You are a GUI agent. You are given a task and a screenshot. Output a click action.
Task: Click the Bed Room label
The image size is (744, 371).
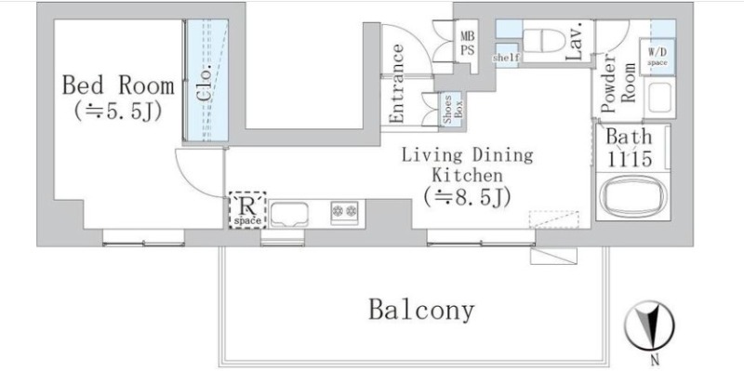[106, 86]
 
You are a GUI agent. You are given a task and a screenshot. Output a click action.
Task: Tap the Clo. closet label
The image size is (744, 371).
[202, 84]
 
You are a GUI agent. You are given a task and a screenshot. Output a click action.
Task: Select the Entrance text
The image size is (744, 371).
[397, 84]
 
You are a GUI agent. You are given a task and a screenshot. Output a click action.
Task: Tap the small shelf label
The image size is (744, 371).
[506, 58]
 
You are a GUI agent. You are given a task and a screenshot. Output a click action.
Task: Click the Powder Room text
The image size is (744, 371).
[619, 86]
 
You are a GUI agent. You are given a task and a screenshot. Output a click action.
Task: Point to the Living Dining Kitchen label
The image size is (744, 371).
[467, 165]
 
